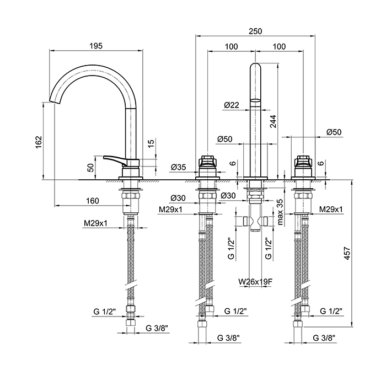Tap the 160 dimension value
92,201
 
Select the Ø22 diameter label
231,105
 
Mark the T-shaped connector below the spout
256,221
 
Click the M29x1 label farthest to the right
331,210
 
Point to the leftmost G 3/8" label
157,328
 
